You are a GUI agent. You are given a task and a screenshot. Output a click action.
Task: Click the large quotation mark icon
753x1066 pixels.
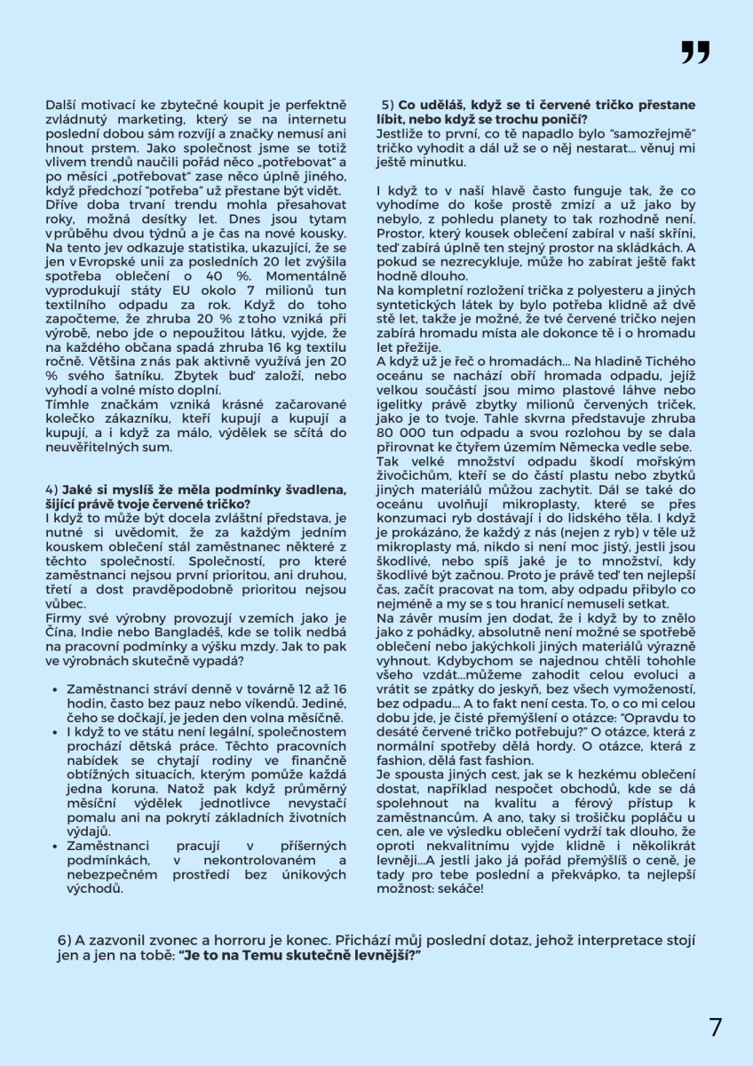pyautogui.click(x=695, y=52)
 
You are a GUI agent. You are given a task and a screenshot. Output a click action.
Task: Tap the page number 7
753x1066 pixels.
pyautogui.click(x=716, y=1028)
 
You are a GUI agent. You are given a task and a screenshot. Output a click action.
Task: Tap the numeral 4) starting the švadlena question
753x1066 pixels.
pyautogui.click(x=52, y=489)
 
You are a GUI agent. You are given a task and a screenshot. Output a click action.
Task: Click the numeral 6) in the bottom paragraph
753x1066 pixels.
pyautogui.click(x=64, y=941)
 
